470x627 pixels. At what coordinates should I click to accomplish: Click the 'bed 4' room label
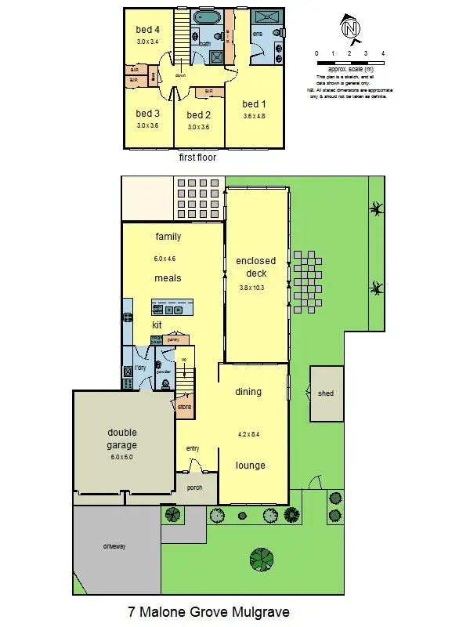click(x=147, y=30)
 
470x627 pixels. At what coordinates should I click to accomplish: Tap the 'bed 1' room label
click(x=255, y=104)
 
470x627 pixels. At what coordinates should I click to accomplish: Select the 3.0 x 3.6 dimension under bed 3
click(x=147, y=125)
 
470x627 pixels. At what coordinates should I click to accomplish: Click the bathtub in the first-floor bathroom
click(x=208, y=16)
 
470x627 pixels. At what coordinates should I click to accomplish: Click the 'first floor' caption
click(x=197, y=158)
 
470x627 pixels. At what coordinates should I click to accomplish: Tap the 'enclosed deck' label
click(x=256, y=267)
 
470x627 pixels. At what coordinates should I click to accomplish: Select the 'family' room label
click(x=168, y=237)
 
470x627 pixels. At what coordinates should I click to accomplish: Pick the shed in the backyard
click(x=325, y=393)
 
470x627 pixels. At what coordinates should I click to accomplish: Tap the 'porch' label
click(x=194, y=487)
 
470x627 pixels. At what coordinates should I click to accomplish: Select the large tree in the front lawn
click(x=262, y=560)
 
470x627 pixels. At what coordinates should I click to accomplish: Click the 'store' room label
click(x=184, y=407)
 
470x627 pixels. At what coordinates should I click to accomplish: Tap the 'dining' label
click(x=248, y=392)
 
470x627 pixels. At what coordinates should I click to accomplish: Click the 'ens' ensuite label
click(x=256, y=34)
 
